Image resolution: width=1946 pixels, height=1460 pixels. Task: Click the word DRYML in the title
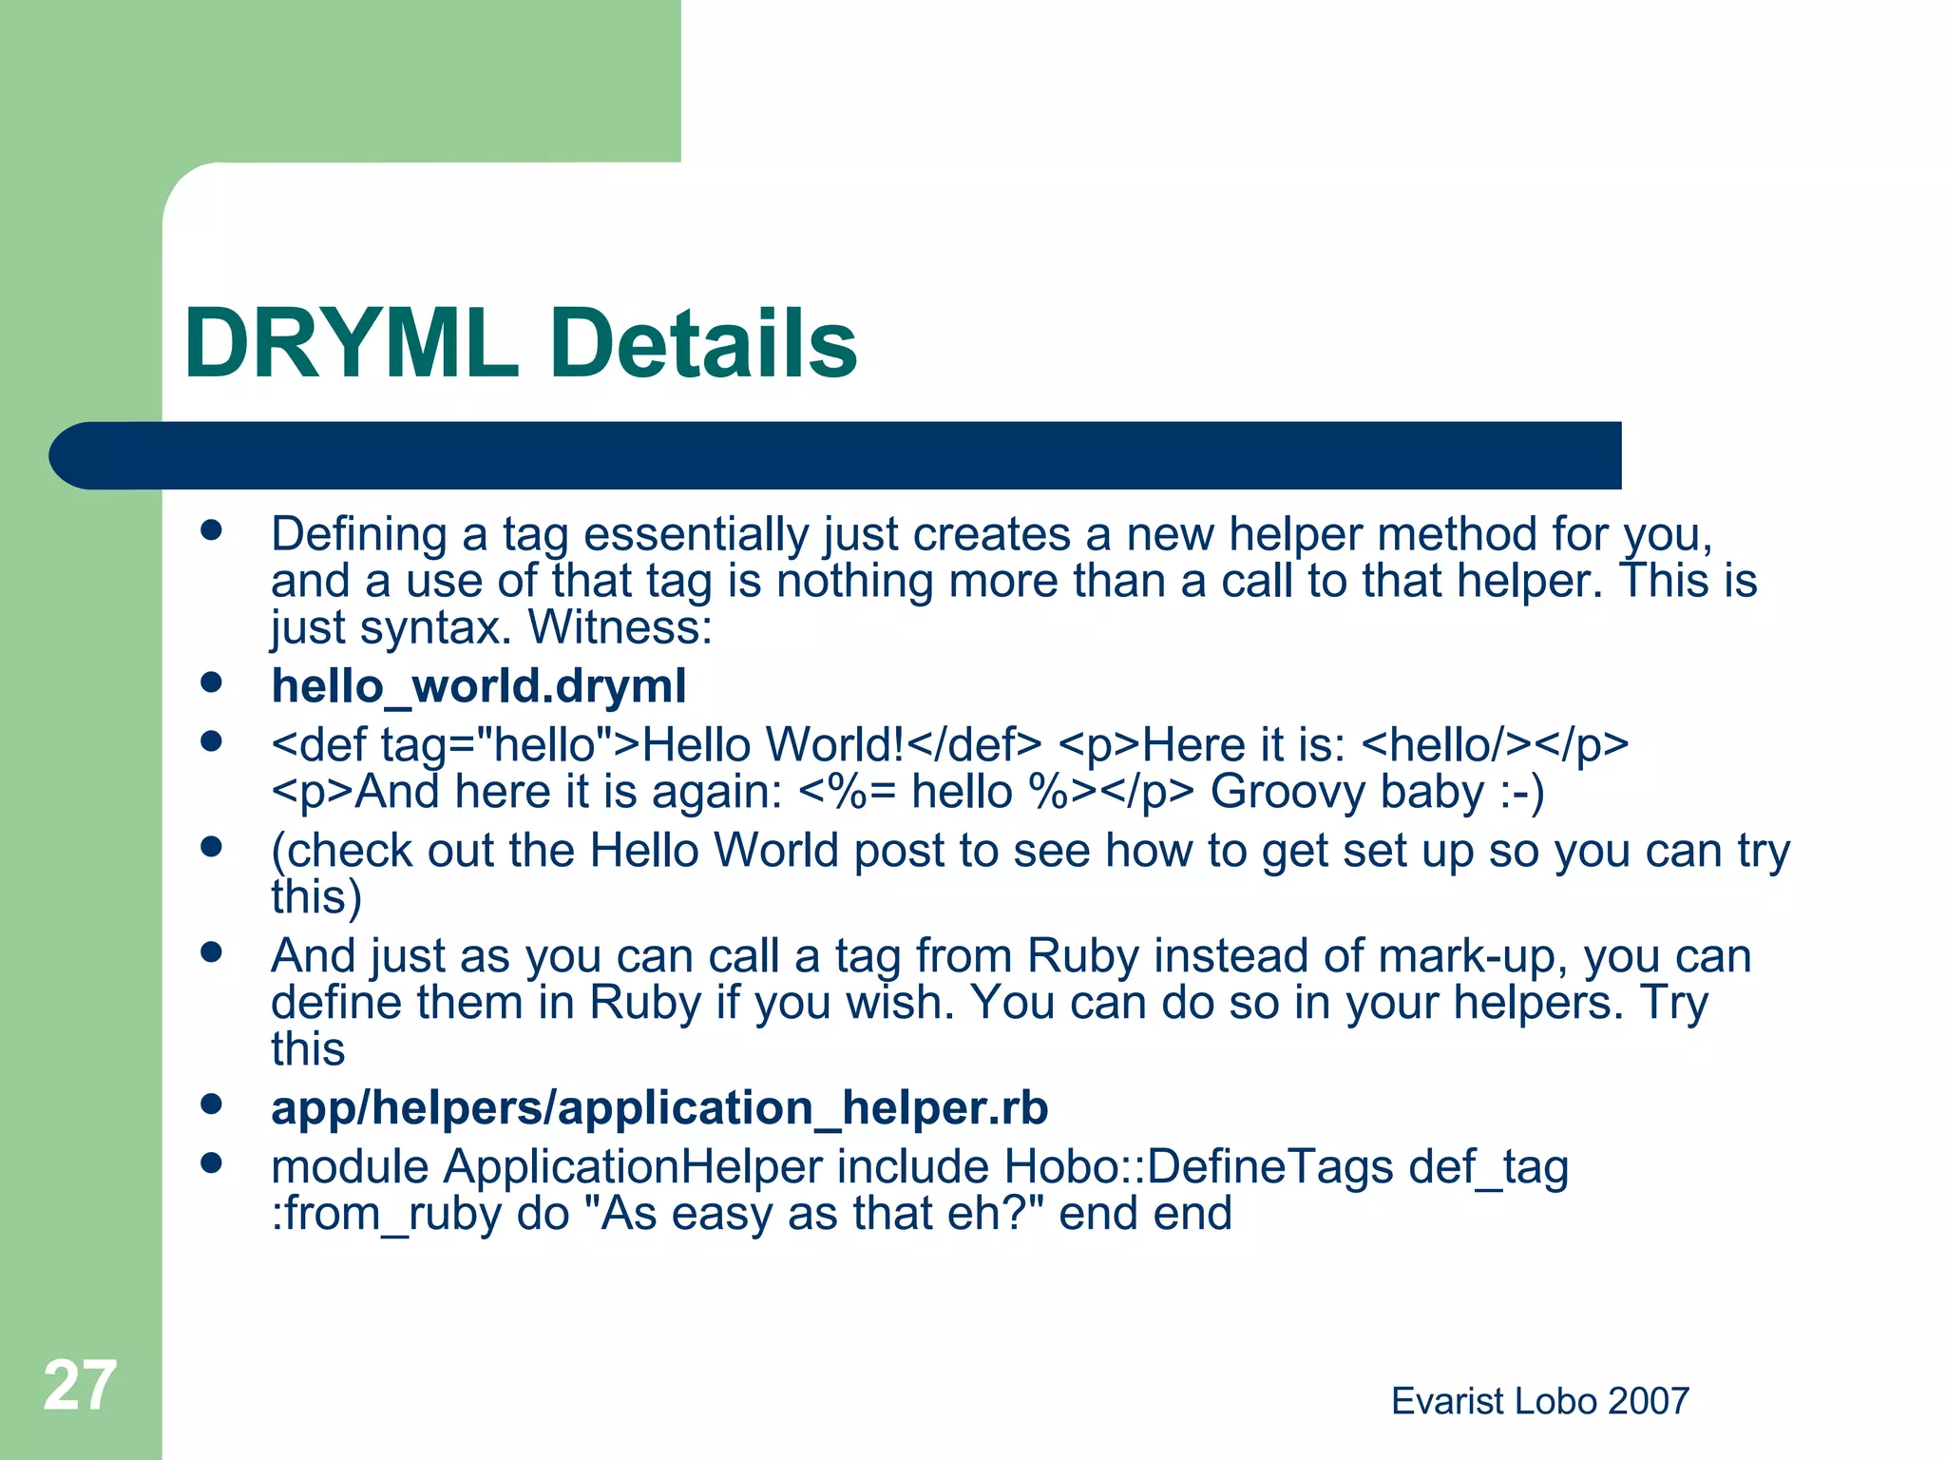point(352,344)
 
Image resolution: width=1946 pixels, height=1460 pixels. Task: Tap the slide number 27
point(80,1386)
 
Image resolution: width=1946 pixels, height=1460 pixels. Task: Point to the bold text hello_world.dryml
point(478,686)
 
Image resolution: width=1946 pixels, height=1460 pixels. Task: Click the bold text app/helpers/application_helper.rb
point(659,1108)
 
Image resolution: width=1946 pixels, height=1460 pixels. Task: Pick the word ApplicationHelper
point(633,1167)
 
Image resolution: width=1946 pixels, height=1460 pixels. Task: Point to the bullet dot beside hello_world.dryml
point(211,682)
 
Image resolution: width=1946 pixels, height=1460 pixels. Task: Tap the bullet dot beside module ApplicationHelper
point(211,1162)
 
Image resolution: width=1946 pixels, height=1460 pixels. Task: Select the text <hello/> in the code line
point(1447,745)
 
